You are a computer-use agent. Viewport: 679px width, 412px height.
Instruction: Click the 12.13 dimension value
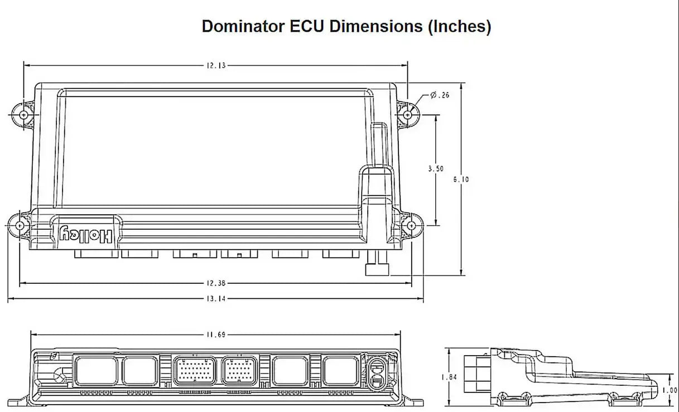click(x=216, y=65)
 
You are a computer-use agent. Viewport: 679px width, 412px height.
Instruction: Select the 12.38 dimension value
click(x=216, y=283)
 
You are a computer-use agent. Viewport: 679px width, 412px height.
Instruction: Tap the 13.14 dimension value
click(x=216, y=299)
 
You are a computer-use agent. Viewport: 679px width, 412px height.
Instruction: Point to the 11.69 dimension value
click(x=216, y=335)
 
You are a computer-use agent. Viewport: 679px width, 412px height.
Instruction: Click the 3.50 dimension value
click(x=436, y=168)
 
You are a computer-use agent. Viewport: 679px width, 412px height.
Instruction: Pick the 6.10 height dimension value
click(x=461, y=180)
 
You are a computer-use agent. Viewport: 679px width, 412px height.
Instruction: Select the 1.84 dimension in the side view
click(x=449, y=377)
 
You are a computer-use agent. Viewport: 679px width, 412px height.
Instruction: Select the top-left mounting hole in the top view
click(x=24, y=114)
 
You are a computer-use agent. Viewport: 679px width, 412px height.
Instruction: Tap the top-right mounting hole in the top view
click(x=408, y=114)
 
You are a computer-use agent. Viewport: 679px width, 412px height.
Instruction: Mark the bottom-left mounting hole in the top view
click(x=20, y=225)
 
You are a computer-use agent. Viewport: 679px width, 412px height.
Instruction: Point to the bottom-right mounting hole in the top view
click(x=412, y=225)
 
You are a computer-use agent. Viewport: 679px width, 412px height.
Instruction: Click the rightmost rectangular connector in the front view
click(x=341, y=371)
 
